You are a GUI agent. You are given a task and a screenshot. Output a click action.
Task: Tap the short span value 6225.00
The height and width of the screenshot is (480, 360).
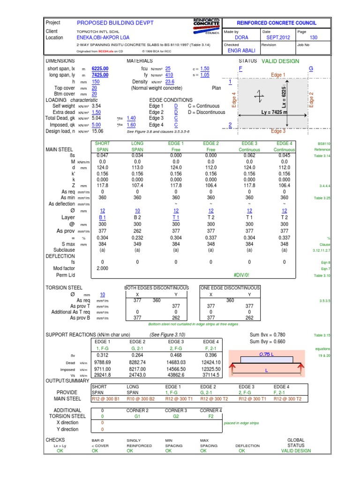(x=100, y=68)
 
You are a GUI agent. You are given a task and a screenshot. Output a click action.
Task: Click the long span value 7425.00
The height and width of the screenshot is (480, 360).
(x=100, y=75)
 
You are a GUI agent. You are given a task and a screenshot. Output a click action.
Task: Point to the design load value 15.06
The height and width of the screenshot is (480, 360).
(x=97, y=132)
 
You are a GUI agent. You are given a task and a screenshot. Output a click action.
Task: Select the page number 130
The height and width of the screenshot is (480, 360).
(x=314, y=37)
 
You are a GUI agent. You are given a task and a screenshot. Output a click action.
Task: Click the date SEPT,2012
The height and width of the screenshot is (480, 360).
(x=278, y=37)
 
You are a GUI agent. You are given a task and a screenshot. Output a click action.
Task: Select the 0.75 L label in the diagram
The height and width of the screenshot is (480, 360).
(x=265, y=354)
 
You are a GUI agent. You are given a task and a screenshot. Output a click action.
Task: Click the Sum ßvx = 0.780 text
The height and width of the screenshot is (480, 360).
(x=267, y=335)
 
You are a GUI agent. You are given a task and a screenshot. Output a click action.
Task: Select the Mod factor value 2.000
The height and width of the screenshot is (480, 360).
(x=103, y=269)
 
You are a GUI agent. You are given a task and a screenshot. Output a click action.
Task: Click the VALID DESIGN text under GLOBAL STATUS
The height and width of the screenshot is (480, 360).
(x=296, y=451)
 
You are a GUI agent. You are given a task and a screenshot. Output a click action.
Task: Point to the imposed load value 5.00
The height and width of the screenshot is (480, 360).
(x=97, y=125)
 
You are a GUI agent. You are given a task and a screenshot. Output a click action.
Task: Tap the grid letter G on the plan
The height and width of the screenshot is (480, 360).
(x=310, y=68)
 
